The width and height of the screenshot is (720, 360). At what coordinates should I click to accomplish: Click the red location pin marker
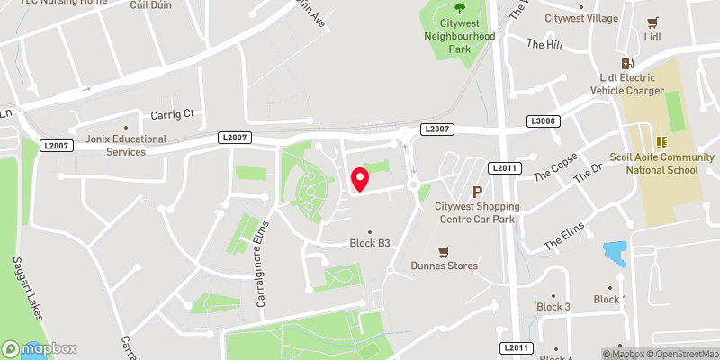[x=360, y=179]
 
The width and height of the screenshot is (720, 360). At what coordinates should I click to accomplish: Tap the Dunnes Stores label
[x=443, y=265]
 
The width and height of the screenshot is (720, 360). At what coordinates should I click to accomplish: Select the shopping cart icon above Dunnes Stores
[x=443, y=251]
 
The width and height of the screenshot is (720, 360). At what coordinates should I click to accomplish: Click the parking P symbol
[x=478, y=191]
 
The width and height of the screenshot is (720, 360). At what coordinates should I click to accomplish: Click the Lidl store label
[x=653, y=37]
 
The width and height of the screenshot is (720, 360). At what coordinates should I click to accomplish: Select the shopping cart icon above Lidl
[x=653, y=22]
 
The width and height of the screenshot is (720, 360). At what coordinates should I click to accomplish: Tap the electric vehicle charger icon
[x=627, y=64]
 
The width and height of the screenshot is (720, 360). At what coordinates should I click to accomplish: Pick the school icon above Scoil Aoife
[x=661, y=141]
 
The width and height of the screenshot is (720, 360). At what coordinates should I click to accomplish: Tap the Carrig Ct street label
[x=172, y=114]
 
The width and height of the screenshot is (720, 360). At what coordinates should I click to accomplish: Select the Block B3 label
[x=370, y=243]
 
